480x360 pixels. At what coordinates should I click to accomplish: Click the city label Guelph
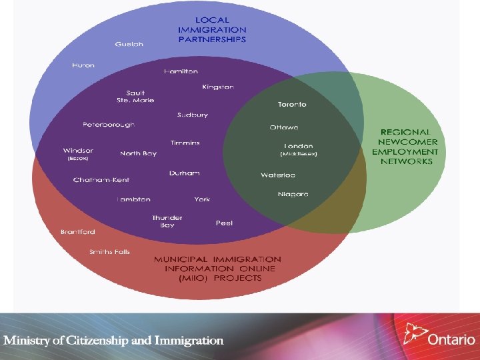pyautogui.click(x=129, y=44)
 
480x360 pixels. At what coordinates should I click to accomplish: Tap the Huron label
pyautogui.click(x=83, y=65)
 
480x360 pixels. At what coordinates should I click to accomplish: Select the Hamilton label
pyautogui.click(x=181, y=71)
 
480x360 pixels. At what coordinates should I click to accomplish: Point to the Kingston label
pyautogui.click(x=218, y=87)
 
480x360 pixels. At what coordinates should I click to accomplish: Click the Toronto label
pyautogui.click(x=292, y=105)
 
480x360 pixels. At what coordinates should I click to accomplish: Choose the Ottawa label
pyautogui.click(x=284, y=127)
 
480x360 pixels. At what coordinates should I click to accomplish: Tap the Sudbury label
pyautogui.click(x=192, y=115)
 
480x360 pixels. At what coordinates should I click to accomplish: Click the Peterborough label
pyautogui.click(x=108, y=125)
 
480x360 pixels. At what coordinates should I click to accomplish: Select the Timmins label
pyautogui.click(x=185, y=143)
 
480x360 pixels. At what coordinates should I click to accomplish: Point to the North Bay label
pyautogui.click(x=138, y=153)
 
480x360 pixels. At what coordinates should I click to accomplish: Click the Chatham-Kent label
pyautogui.click(x=101, y=180)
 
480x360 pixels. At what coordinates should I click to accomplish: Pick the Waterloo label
pyautogui.click(x=278, y=175)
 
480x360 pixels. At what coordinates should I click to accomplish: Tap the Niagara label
pyautogui.click(x=293, y=194)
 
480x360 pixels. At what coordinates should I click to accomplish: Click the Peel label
pyautogui.click(x=224, y=223)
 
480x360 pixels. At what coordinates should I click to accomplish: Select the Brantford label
pyautogui.click(x=78, y=232)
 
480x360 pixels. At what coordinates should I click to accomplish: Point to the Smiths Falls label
pyautogui.click(x=110, y=252)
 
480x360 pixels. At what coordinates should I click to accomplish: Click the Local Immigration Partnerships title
pyautogui.click(x=212, y=30)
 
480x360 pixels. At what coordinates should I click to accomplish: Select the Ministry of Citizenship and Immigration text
pyautogui.click(x=113, y=340)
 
